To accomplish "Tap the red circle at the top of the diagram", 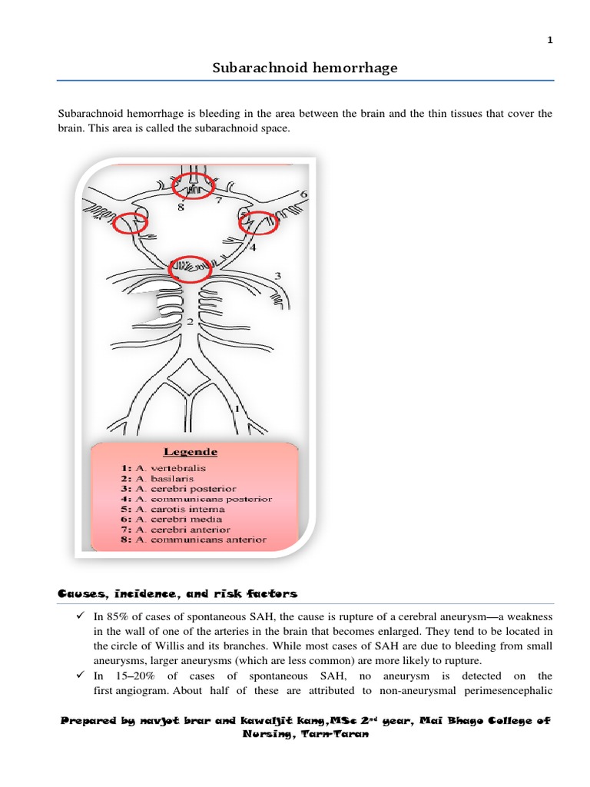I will [x=193, y=186].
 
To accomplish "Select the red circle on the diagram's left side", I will [x=131, y=222].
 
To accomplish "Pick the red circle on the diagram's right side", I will [x=257, y=222].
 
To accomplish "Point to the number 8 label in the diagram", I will [x=181, y=207].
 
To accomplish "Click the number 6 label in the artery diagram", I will [x=303, y=194].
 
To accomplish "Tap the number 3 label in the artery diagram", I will [x=277, y=275].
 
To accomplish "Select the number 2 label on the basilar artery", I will [x=189, y=322].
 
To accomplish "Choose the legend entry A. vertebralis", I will [x=163, y=467].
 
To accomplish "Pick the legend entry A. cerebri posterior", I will [x=177, y=488].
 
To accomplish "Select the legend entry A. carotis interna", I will [x=172, y=509].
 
